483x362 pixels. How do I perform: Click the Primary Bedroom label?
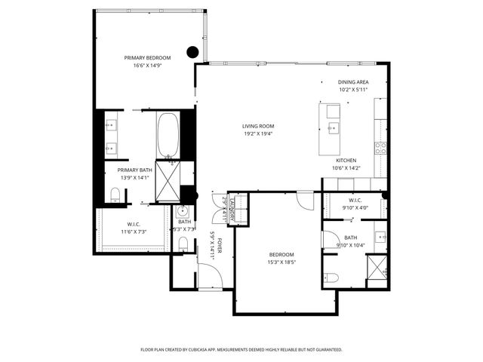tap(148, 58)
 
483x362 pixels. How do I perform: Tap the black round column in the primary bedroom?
tap(192, 52)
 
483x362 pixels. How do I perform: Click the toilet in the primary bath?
tap(115, 195)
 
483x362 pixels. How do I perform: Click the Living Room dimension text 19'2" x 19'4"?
tap(258, 133)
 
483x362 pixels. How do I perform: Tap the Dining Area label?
tap(353, 82)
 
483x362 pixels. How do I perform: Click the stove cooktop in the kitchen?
tap(381, 146)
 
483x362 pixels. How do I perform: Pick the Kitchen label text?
tap(346, 161)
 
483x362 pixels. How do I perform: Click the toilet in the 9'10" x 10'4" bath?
tap(333, 278)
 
